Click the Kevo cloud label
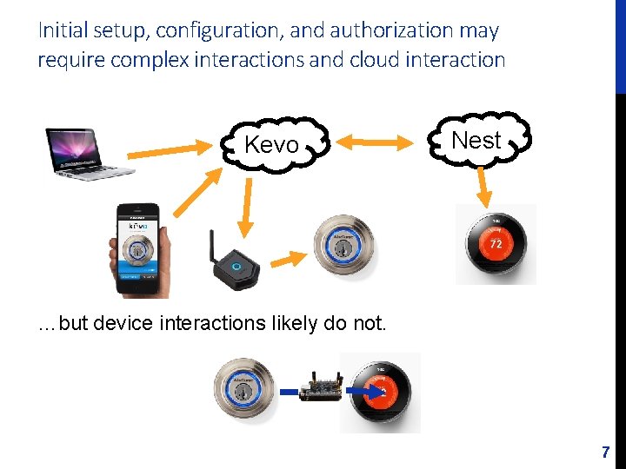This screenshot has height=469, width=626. (x=272, y=145)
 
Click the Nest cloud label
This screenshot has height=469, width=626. (x=476, y=140)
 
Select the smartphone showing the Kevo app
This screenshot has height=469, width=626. (x=138, y=250)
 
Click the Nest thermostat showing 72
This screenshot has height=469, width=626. (x=496, y=244)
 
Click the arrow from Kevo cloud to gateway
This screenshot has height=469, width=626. (x=245, y=205)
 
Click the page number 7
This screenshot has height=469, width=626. (x=606, y=452)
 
